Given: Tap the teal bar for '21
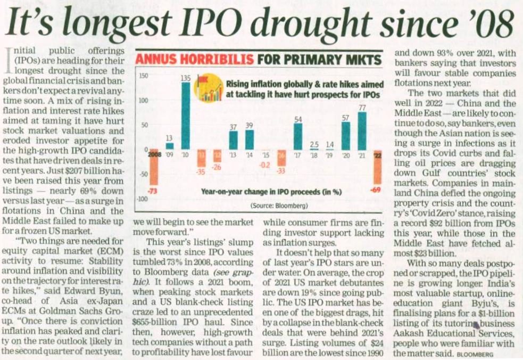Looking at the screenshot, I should (362, 130).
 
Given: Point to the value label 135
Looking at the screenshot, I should (186, 78).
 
